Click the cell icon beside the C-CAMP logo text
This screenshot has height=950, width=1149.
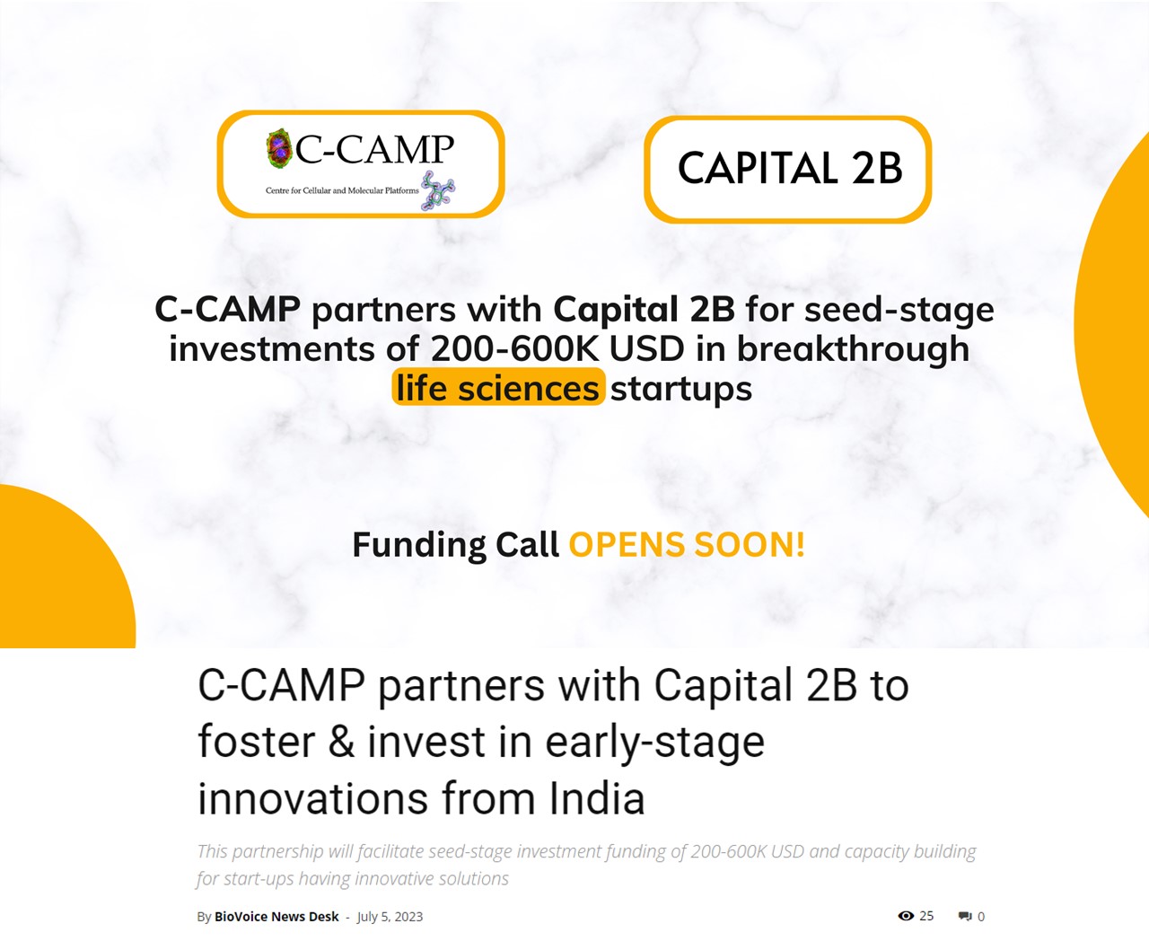pos(278,148)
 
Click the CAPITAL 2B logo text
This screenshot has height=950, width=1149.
pos(790,169)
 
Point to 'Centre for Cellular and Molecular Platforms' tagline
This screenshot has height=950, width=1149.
pos(342,191)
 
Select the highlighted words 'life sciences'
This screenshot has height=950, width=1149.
pos(498,388)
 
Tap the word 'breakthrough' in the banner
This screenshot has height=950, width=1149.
pos(853,349)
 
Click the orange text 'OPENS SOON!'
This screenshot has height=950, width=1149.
pos(687,545)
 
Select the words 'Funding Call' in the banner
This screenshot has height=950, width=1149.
pos(456,545)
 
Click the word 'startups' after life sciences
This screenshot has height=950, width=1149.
pos(681,390)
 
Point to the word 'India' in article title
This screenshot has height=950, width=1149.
pos(597,799)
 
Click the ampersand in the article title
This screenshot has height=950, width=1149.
pos(341,742)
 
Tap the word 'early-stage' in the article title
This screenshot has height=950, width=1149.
pos(655,743)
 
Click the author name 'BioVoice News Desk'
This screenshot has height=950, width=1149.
pos(276,917)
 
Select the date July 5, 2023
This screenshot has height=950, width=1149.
pos(390,917)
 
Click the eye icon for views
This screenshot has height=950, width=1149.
pos(906,915)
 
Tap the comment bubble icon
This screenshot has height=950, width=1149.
pos(965,916)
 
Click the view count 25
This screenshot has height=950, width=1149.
pos(926,915)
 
